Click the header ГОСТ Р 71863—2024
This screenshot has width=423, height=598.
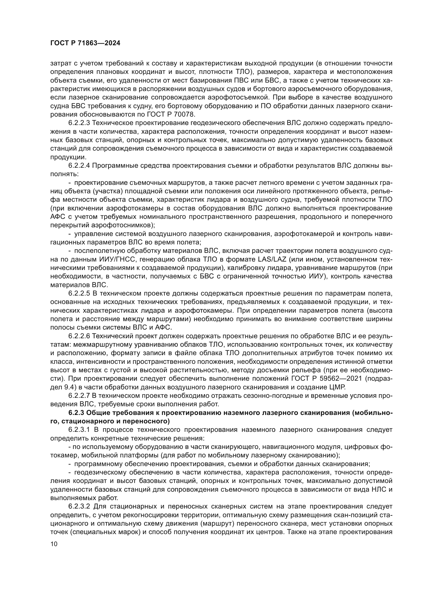point(85,43)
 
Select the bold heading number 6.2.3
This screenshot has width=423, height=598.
point(76,413)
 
